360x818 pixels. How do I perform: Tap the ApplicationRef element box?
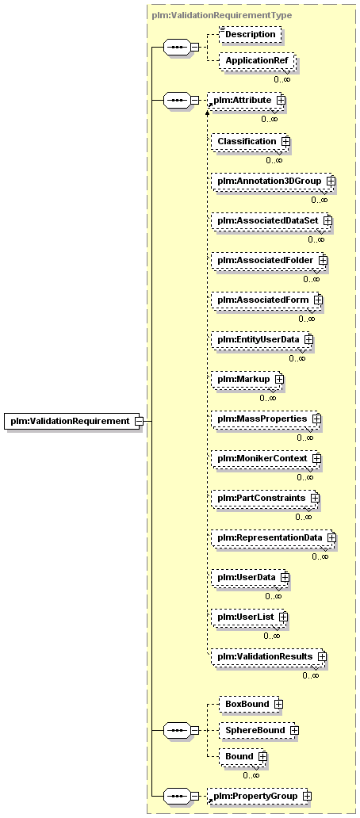[x=257, y=61]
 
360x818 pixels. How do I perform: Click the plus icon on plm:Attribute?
[x=280, y=99]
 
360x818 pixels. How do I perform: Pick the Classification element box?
[x=250, y=141]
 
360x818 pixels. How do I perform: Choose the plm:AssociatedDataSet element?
[x=271, y=220]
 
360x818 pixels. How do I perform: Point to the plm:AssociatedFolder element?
[x=269, y=260]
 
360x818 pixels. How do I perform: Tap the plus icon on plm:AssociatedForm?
[x=318, y=300]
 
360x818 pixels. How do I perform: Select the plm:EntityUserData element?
[x=262, y=339]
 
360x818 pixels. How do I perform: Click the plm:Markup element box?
[x=247, y=379]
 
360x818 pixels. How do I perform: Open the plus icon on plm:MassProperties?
[x=316, y=419]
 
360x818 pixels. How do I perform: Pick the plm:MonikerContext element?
[x=266, y=458]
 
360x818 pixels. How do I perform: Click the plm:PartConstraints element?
[x=265, y=498]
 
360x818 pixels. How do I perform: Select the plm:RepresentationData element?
[x=274, y=537]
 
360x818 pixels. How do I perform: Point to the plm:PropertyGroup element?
[x=258, y=796]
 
